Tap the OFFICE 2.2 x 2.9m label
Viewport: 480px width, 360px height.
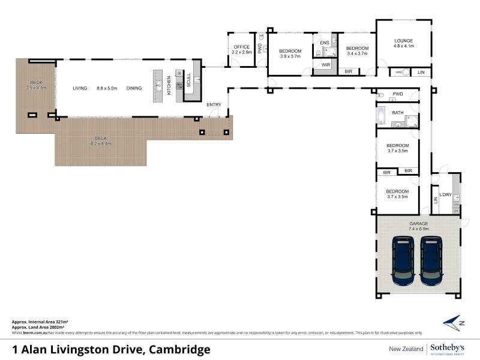point(241,50)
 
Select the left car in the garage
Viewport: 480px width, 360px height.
point(403,260)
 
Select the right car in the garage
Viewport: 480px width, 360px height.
point(431,260)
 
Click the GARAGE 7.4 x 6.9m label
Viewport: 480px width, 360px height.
point(418,226)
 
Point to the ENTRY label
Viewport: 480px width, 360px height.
point(214,105)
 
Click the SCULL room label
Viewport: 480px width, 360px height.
point(188,80)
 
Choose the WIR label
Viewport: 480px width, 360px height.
point(326,65)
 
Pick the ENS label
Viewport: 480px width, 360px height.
point(325,43)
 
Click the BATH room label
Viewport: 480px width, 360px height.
point(398,113)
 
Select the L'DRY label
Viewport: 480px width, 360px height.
point(445,194)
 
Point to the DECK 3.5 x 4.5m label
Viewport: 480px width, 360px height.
point(36,85)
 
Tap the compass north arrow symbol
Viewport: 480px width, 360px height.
point(454,323)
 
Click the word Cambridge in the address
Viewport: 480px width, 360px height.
point(179,349)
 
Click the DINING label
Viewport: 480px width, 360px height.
point(134,88)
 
